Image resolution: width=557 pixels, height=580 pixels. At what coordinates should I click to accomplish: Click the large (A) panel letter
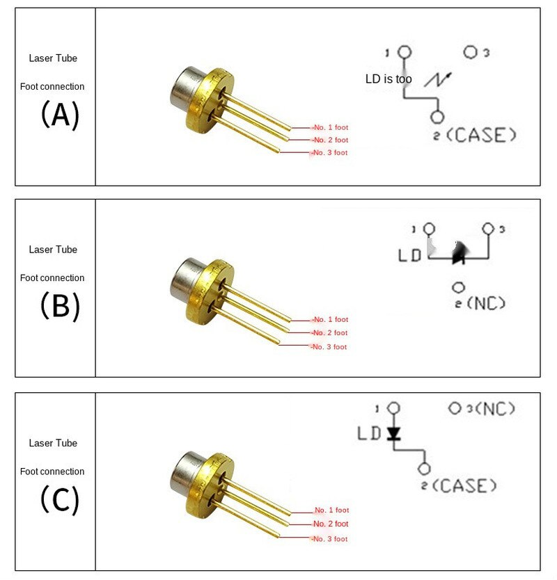pos(60,115)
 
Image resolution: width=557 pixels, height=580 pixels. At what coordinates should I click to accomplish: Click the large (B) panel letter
pos(60,306)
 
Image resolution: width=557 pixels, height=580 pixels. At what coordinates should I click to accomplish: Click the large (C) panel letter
pos(60,499)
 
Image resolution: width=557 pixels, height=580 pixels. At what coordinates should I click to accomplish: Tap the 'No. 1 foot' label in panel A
pos(331,128)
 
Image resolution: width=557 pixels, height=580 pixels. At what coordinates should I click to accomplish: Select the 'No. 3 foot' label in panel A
pos(330,153)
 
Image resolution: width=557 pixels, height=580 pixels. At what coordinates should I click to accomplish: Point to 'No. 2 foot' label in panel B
pos(330,333)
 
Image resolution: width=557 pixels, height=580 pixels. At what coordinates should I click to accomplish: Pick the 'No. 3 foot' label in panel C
pos(330,539)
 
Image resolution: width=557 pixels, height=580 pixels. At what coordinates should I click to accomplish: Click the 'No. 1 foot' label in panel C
pos(332,510)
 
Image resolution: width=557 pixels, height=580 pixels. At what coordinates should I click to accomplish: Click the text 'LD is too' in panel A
pos(389,79)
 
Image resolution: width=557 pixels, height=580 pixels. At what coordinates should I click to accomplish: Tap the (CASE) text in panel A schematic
pos(480,135)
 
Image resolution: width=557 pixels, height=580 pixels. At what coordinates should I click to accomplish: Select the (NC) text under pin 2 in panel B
pos(486,303)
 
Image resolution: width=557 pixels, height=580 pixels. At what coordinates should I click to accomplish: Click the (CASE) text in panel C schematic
pos(464,485)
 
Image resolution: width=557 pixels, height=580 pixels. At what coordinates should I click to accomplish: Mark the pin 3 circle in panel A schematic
pos(471,52)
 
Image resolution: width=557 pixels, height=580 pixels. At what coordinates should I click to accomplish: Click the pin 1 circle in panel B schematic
pos(429,229)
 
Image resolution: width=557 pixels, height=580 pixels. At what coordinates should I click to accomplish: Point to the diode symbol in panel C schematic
pos(393,433)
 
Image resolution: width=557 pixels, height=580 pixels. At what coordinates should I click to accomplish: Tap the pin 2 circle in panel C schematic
pos(424,469)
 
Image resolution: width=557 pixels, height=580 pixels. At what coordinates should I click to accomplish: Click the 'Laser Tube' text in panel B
pos(53,250)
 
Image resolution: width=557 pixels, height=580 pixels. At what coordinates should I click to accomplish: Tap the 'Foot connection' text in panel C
pos(52,472)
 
